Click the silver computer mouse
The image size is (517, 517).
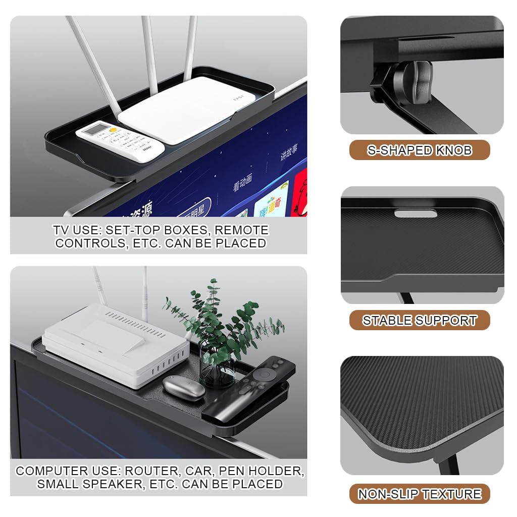click(x=184, y=388)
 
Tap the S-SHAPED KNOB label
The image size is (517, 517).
click(x=420, y=150)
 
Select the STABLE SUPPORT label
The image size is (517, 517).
click(x=420, y=320)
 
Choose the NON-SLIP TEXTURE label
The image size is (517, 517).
click(x=420, y=494)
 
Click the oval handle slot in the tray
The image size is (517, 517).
click(x=415, y=214)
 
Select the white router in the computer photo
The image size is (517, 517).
click(x=109, y=343)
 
